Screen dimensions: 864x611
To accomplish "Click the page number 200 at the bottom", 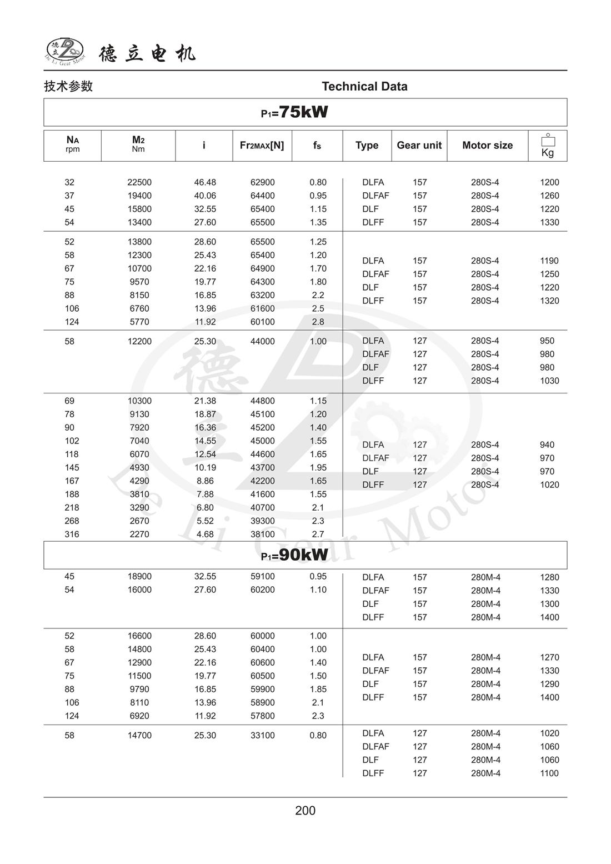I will point(305,811).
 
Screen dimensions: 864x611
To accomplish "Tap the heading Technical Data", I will point(364,87).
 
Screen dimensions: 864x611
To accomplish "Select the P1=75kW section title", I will point(295,112).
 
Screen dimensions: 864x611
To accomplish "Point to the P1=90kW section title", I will point(295,555).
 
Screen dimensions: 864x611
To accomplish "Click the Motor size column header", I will point(487,146).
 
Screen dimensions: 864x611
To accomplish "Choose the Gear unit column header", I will point(419,146).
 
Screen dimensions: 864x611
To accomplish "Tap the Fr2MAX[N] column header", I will point(262,146).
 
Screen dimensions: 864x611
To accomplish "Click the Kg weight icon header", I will point(548,146).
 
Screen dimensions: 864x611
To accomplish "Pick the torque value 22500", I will point(139,182).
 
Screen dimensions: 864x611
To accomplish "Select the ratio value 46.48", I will point(205,182).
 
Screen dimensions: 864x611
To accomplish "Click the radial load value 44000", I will point(262,342).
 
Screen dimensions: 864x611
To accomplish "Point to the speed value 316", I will point(72,535).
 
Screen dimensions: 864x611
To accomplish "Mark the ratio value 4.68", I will point(205,535).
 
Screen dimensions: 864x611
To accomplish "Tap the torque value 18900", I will point(139,577).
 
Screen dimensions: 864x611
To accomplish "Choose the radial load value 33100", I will point(262,736).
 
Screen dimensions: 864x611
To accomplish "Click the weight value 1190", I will point(549,261).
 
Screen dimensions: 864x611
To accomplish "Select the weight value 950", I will point(547,341).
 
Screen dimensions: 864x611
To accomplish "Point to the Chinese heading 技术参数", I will point(68,87).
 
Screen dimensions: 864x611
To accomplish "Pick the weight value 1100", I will point(549,773).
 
